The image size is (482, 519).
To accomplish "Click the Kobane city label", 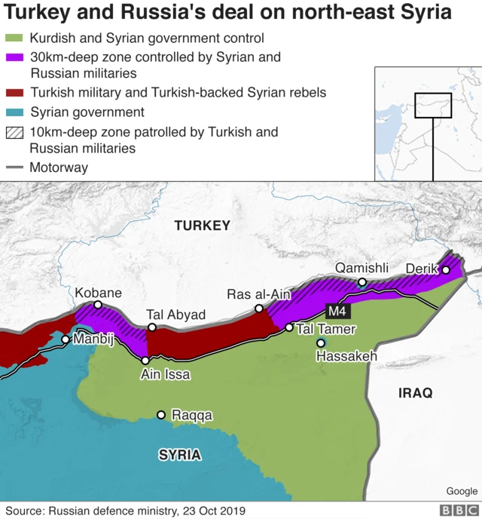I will coord(98,293).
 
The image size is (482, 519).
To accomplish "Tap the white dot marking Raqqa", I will coord(160,415).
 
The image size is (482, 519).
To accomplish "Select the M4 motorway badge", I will coord(337,310).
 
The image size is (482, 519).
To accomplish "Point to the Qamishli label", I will coord(361,269).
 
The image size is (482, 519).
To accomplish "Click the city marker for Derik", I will coord(446,269).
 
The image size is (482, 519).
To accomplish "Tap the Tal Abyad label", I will coord(165,315).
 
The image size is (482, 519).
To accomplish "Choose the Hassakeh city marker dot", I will coord(321,343).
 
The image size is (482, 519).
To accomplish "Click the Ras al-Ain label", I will coord(252,295).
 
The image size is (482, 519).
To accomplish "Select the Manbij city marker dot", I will coord(66,339).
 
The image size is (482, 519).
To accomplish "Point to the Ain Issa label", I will coord(165,374).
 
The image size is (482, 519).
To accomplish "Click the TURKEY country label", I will coord(202,226).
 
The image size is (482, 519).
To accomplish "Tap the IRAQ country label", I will coord(415,393).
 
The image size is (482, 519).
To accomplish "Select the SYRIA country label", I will coord(179,455).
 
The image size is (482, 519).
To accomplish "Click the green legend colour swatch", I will coord(14,38).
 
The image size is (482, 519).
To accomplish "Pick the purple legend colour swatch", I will coord(14,57).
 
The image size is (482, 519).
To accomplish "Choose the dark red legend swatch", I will coord(14,94).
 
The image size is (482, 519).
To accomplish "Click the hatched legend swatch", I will coord(14,133).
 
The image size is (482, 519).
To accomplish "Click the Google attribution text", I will coord(461,492).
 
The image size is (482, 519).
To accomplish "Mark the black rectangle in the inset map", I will coord(433,106).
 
